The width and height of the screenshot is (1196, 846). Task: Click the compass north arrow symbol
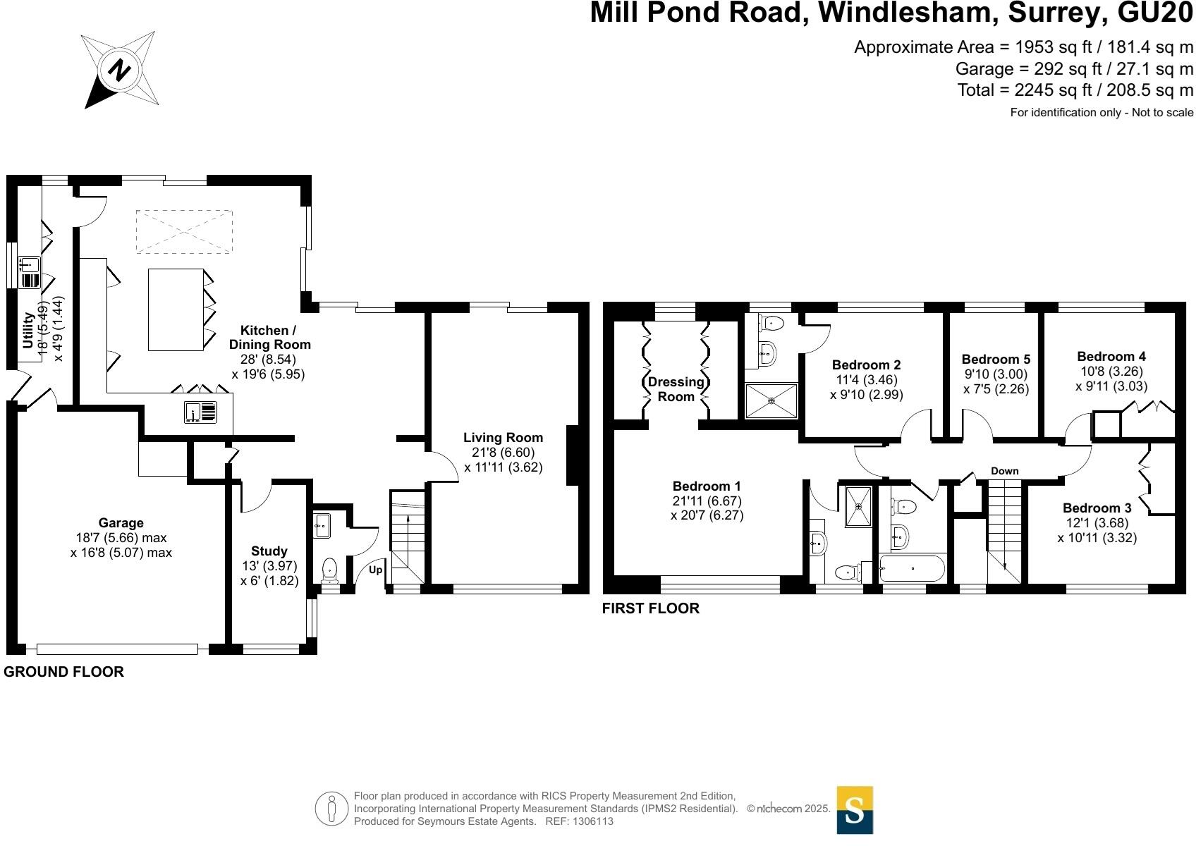[x=120, y=70]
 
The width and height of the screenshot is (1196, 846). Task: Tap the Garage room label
[x=121, y=523]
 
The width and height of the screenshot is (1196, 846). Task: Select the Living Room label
[x=503, y=438]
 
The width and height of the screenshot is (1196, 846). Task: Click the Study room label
[x=269, y=551]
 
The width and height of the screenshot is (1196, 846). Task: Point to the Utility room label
[x=28, y=330]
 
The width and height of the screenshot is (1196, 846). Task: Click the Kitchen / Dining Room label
[x=269, y=337]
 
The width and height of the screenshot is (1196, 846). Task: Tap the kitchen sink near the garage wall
[x=201, y=412]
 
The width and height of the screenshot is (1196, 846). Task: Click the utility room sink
[x=30, y=272]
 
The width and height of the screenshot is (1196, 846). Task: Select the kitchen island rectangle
[x=176, y=309]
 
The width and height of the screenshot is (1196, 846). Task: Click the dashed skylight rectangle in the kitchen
[x=184, y=231]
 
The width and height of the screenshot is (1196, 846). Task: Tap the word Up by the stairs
[x=375, y=570]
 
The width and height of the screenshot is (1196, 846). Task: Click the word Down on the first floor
[x=1004, y=471]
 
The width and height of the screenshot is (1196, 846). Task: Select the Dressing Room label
[x=676, y=389]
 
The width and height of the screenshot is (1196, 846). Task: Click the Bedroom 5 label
[x=996, y=360]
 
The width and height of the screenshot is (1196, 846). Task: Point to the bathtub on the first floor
[x=912, y=568]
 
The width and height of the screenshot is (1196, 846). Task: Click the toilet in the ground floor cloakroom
[x=329, y=570]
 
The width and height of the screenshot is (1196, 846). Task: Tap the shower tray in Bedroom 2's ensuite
[x=771, y=400]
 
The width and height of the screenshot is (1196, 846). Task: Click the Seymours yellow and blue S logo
[x=855, y=810]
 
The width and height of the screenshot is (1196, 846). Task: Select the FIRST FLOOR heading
[x=650, y=608]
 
